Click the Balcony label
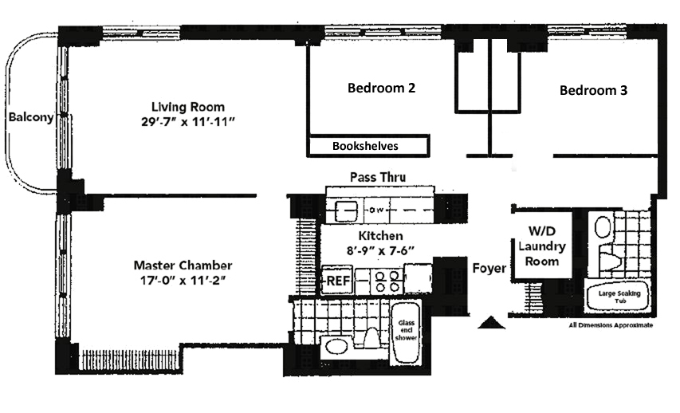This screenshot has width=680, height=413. click(31, 117)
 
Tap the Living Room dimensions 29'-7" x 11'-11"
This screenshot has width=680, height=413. click(188, 122)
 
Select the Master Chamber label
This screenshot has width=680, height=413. click(183, 265)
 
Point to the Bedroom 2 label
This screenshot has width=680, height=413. click(381, 88)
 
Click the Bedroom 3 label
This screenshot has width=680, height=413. click(593, 90)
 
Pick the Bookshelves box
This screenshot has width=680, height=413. click(368, 146)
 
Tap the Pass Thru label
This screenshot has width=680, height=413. click(378, 177)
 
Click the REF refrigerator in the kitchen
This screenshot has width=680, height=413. click(337, 281)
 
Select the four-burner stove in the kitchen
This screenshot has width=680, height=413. click(387, 281)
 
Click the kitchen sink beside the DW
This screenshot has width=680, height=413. click(347, 210)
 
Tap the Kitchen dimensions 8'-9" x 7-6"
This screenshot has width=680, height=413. click(380, 250)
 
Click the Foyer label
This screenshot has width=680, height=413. click(489, 268)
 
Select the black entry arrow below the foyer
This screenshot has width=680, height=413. click(491, 322)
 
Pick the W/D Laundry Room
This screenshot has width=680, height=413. click(541, 246)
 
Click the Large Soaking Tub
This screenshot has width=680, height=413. click(619, 297)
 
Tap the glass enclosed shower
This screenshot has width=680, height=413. click(406, 332)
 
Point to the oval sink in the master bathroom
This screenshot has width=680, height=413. click(336, 347)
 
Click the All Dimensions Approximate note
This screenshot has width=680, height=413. click(611, 325)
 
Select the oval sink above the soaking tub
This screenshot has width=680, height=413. click(603, 227)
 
